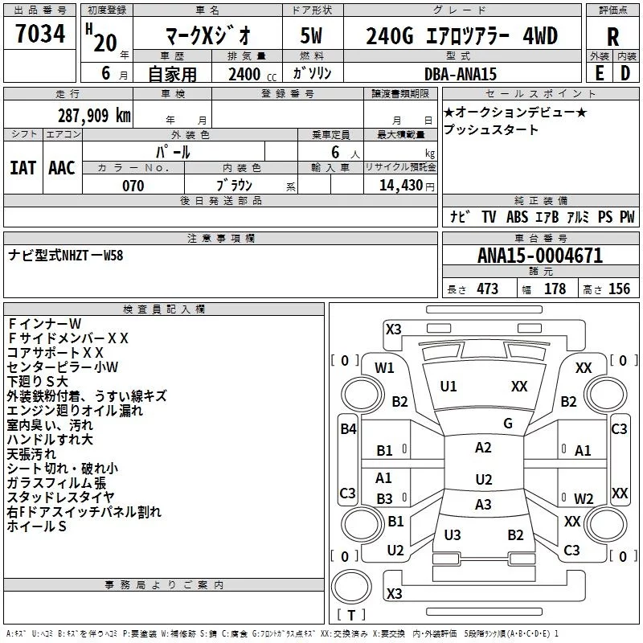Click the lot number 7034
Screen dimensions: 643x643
point(40,34)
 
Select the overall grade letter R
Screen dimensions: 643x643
point(612,37)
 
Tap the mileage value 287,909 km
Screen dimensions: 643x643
point(94,116)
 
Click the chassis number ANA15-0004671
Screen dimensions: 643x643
point(540,256)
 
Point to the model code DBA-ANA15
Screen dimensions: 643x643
point(460,74)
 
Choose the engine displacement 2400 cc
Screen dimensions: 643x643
point(252,74)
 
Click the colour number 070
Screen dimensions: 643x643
point(133,186)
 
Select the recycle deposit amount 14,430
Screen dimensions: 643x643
point(400,186)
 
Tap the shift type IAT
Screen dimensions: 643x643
point(23,168)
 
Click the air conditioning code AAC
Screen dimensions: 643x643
point(62,168)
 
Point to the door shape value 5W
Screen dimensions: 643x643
point(311,35)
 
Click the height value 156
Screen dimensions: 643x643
point(619,289)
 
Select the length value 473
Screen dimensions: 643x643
point(488,289)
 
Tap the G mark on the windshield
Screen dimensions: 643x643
point(508,423)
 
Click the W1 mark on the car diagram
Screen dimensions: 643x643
point(384,367)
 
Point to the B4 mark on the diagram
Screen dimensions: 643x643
point(348,429)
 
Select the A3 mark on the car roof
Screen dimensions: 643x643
point(483,505)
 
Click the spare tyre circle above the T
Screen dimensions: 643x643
point(351,587)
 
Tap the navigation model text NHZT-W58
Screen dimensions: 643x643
point(92,256)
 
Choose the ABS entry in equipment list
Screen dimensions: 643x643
point(517,217)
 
